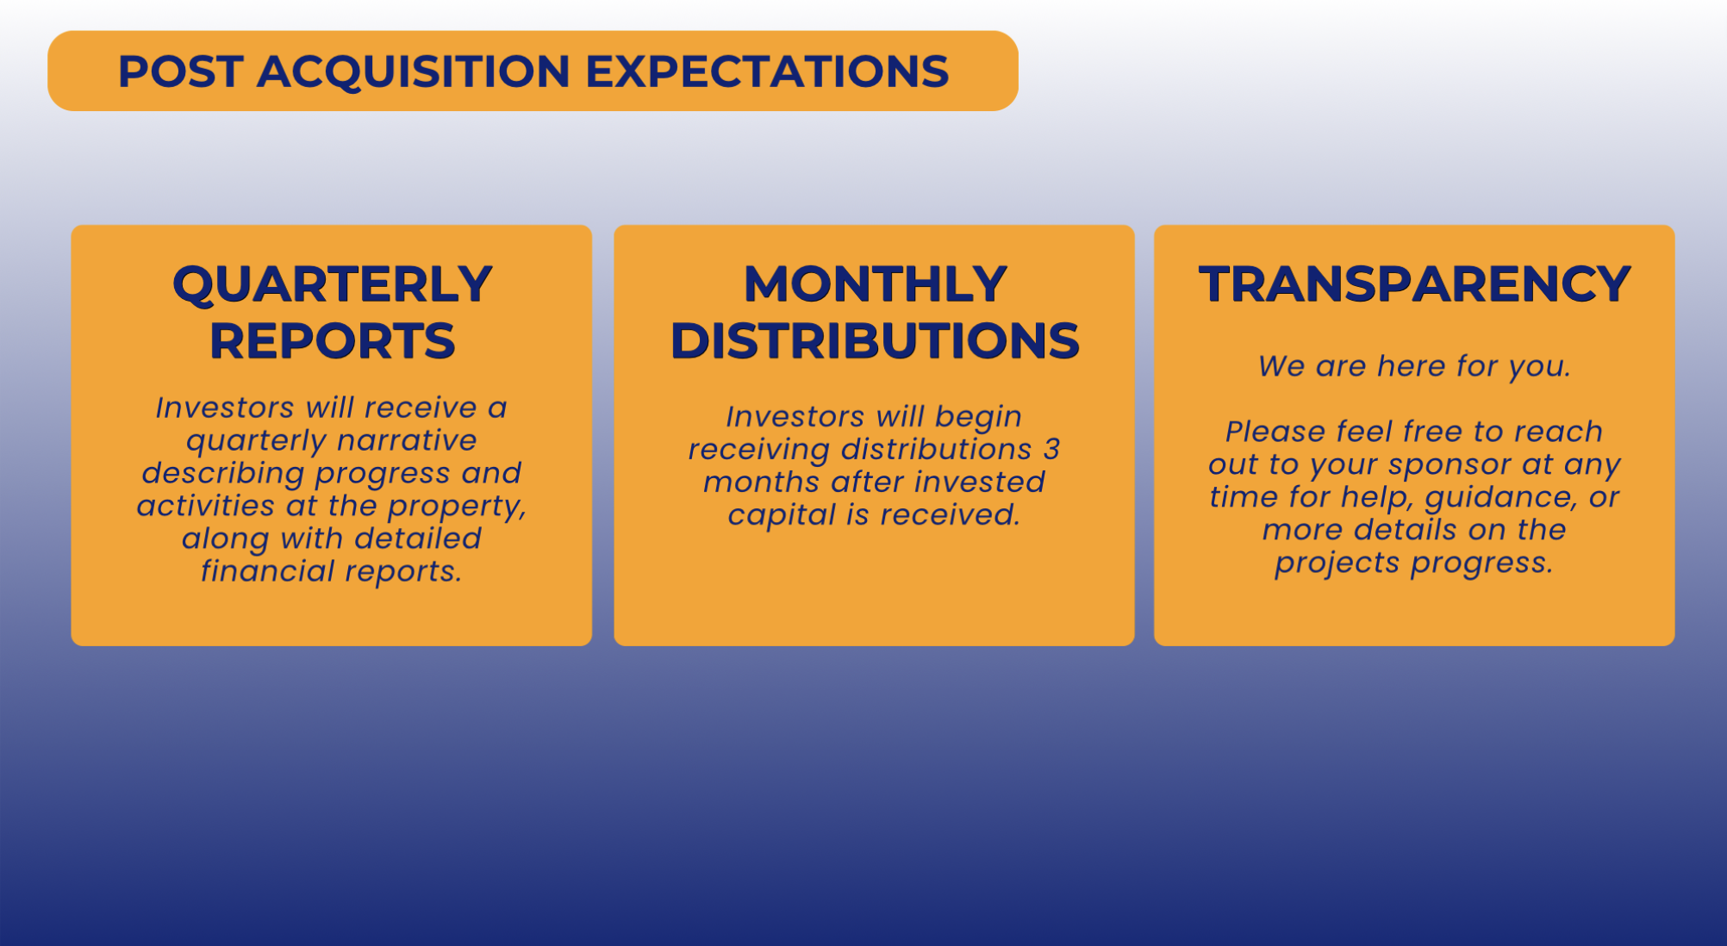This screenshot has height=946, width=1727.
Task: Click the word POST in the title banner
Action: tap(180, 71)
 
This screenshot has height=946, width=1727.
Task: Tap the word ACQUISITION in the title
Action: tap(414, 72)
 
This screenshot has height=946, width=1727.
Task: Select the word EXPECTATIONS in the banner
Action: tap(767, 71)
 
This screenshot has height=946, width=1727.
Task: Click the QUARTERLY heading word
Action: tap(332, 284)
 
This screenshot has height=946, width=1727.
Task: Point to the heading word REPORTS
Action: tap(332, 340)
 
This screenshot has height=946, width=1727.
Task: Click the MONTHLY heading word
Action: tap(875, 283)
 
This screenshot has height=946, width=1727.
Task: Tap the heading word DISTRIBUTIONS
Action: tap(875, 340)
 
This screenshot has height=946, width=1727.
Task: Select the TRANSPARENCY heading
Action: tap(1414, 283)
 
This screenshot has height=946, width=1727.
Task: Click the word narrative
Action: tap(407, 440)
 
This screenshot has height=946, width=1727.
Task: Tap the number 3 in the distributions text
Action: tap(1052, 449)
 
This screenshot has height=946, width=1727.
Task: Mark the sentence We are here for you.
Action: tap(1414, 367)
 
